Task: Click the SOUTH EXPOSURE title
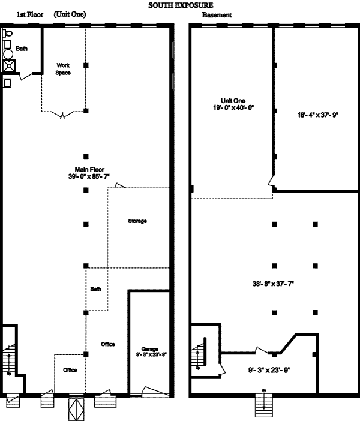click(x=179, y=5)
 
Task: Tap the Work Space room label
click(x=64, y=69)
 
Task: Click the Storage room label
click(x=137, y=221)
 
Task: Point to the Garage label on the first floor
click(x=149, y=348)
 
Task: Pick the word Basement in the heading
click(x=216, y=14)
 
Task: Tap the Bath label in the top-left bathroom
click(x=22, y=49)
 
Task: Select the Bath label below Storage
click(x=96, y=289)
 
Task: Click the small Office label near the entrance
click(x=70, y=370)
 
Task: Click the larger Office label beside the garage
click(x=108, y=344)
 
